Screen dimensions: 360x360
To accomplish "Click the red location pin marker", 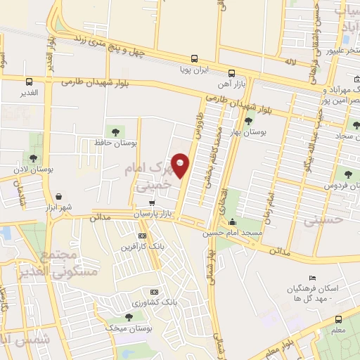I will pyautogui.click(x=181, y=165).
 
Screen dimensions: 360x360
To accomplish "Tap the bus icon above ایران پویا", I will pyautogui.click(x=194, y=59).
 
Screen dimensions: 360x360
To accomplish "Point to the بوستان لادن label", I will pyautogui.click(x=32, y=169).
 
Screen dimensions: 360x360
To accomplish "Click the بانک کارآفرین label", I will pyautogui.click(x=143, y=247).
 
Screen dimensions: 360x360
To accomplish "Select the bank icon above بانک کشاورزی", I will pyautogui.click(x=154, y=292).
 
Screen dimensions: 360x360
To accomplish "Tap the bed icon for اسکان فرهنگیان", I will pyautogui.click(x=313, y=278).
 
